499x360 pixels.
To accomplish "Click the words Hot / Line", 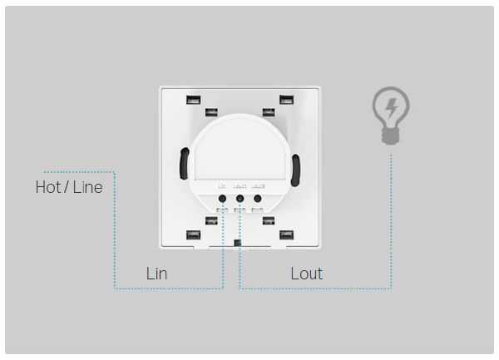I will [69, 187].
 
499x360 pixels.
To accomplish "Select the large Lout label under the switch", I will [306, 273].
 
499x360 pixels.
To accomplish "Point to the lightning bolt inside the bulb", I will [390, 107].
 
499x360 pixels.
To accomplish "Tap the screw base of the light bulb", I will [390, 136].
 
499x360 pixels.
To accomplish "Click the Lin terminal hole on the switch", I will [223, 199].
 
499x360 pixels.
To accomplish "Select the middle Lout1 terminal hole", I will [240, 199].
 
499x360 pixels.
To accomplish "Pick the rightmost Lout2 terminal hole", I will [258, 199].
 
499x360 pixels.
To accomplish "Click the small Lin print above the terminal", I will [222, 186].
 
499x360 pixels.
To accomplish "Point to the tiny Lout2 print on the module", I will [258, 186].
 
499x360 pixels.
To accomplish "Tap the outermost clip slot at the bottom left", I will [193, 235].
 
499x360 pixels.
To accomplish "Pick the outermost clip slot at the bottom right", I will [287, 235].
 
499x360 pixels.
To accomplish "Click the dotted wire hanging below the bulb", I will [392, 216].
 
